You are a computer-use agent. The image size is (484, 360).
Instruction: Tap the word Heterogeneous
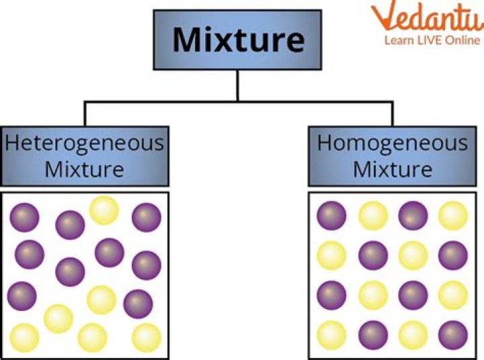84,142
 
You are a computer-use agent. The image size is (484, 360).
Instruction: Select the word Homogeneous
393,142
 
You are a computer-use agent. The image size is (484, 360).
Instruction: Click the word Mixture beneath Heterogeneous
84,169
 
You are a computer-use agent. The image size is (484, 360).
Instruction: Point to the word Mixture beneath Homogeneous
393,169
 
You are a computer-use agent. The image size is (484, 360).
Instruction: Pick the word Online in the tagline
462,40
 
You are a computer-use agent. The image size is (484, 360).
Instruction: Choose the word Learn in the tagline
399,40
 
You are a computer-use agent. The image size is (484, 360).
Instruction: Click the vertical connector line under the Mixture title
237,86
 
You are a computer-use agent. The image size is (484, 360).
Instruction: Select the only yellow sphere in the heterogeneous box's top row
104,210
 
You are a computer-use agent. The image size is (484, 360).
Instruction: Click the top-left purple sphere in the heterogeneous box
25,217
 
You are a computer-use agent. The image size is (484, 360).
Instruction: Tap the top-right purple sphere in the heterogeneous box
146,217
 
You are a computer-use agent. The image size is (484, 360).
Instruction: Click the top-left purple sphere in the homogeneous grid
331,216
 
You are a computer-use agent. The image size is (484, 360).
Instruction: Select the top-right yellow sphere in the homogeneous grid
452,216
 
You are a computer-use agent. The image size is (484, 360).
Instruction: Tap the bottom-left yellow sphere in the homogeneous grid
331,334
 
